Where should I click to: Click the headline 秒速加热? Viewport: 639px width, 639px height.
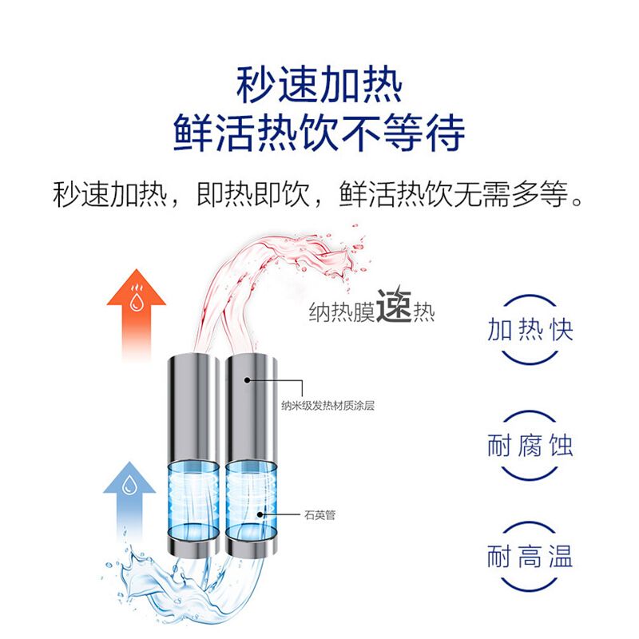point(319,83)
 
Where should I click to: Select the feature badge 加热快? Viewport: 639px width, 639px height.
point(530,330)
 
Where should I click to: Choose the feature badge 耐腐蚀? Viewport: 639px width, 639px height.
point(530,444)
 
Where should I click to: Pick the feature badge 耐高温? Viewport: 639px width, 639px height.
point(530,557)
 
